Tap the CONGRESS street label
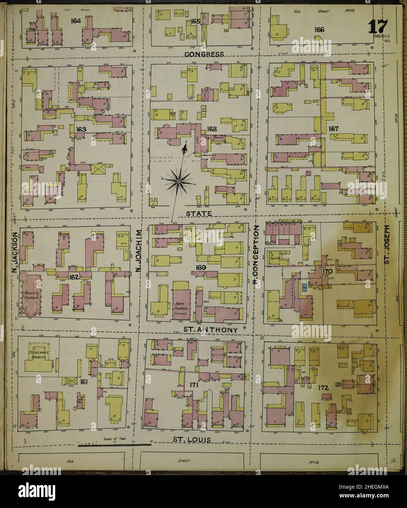click(204, 54)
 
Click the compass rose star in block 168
click(178, 181)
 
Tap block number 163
click(81, 129)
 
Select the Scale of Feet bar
click(114, 444)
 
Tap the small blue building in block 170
click(304, 287)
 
